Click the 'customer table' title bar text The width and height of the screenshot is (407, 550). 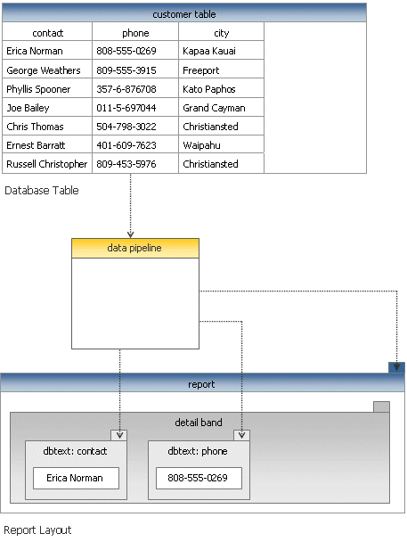(184, 14)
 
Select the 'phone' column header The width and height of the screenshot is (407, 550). (135, 33)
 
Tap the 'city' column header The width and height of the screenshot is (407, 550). (221, 33)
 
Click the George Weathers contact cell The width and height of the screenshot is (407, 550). (47, 70)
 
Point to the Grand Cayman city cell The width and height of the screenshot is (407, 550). (221, 108)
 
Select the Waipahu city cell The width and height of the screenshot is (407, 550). (221, 145)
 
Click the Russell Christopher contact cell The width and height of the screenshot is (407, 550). (47, 164)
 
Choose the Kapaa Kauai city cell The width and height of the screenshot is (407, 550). (221, 51)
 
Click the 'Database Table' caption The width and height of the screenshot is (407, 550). (42, 191)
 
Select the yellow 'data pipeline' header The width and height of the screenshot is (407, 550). (135, 249)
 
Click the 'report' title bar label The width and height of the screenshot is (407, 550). (201, 384)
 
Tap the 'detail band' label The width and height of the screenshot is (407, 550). (199, 423)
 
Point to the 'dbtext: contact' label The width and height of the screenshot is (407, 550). (75, 451)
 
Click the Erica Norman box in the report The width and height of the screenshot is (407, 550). (76, 478)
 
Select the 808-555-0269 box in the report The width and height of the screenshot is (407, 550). (199, 478)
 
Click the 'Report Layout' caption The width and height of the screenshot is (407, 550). (37, 530)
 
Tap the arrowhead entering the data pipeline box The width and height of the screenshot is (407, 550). (130, 234)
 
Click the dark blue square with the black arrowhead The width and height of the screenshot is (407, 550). (396, 367)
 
